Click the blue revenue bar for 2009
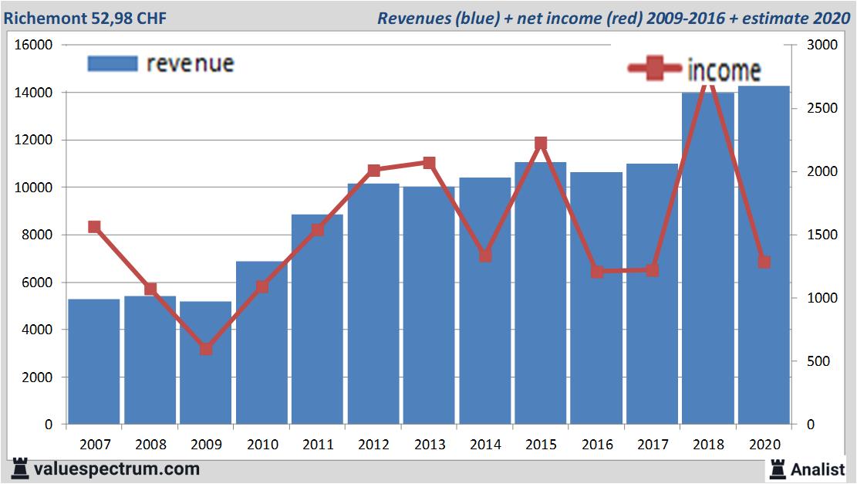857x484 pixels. pyautogui.click(x=206, y=363)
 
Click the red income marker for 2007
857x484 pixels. pyautogui.click(x=95, y=227)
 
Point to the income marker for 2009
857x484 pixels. pyautogui.click(x=206, y=349)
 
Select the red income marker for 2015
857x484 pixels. pyautogui.click(x=541, y=143)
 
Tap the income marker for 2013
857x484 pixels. pyautogui.click(x=430, y=163)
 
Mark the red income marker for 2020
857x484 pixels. pyautogui.click(x=764, y=262)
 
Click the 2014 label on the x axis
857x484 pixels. pyautogui.click(x=485, y=445)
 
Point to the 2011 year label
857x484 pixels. pyautogui.click(x=318, y=445)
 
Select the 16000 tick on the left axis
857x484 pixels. pyautogui.click(x=34, y=45)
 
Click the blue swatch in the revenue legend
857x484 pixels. pyautogui.click(x=113, y=63)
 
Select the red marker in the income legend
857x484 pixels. pyautogui.click(x=656, y=69)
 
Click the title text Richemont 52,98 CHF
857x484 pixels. pyautogui.click(x=86, y=18)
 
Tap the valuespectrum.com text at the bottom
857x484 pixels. pyautogui.click(x=116, y=469)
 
